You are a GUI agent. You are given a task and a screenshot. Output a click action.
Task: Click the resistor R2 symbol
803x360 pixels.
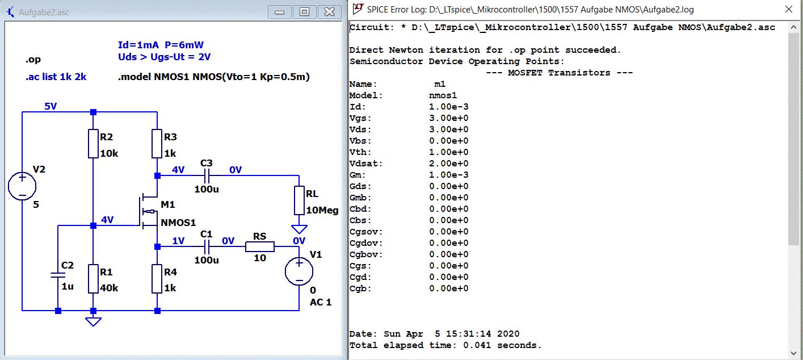[94, 143]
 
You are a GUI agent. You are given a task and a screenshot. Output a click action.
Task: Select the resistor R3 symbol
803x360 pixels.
[158, 143]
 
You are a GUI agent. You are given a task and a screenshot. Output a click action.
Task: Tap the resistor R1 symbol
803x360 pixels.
[94, 278]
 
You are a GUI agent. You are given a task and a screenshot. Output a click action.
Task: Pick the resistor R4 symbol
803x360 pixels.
[158, 278]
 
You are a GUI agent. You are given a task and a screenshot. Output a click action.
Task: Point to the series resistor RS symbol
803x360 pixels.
[260, 246]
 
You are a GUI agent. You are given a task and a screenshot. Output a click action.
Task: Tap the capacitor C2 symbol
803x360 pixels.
[58, 275]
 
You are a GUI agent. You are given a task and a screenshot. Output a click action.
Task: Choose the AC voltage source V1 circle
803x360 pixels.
[299, 271]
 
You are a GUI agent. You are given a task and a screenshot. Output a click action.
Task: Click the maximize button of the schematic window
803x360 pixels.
[305, 11]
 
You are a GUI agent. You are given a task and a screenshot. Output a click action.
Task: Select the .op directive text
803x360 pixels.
[33, 60]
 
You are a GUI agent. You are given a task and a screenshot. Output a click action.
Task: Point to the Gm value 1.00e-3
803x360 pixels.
[449, 175]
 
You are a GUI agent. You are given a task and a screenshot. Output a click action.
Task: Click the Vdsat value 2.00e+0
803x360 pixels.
[449, 164]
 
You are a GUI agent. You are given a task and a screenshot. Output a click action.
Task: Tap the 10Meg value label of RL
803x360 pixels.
[322, 210]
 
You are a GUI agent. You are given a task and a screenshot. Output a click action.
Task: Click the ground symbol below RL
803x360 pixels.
[299, 229]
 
